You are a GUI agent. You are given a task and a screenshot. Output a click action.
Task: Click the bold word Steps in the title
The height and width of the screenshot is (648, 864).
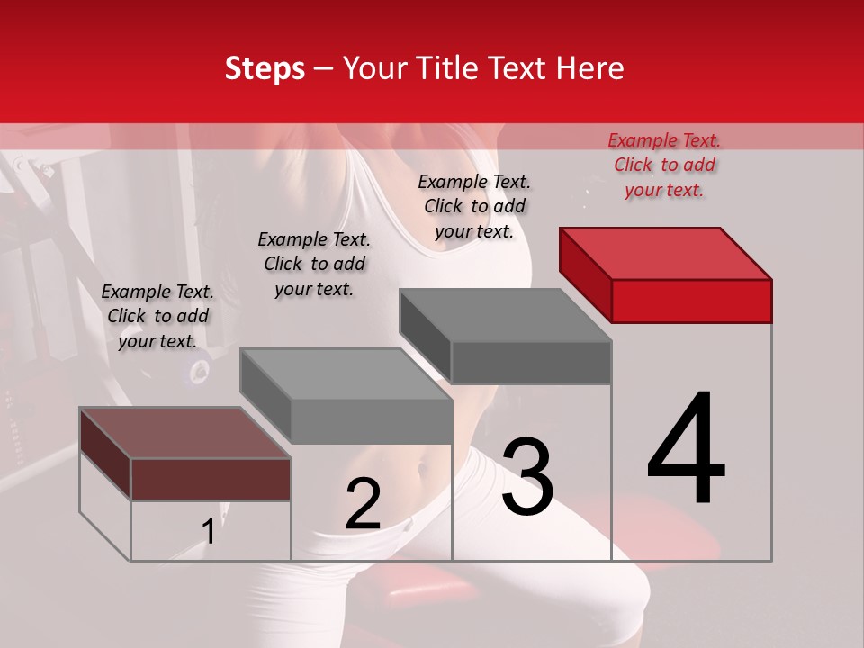tap(265, 68)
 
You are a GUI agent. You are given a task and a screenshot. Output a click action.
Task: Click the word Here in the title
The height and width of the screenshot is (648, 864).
tap(585, 68)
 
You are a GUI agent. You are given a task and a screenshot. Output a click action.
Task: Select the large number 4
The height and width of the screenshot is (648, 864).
tap(686, 450)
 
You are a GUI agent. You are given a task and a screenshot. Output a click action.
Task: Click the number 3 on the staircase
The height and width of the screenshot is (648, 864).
tap(527, 477)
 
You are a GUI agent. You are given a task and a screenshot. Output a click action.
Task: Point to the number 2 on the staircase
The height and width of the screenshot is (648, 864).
tap(363, 504)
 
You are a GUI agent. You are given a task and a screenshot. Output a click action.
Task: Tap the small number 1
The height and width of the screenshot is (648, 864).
tap(208, 532)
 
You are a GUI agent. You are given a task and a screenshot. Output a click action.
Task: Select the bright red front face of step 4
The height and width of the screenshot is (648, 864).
tap(691, 301)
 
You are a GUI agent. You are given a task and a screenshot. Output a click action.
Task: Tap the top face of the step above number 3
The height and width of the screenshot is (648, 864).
tap(505, 315)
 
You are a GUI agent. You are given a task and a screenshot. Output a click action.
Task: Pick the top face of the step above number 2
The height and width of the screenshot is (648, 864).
tap(346, 373)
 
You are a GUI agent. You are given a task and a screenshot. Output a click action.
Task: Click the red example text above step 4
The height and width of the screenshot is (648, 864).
tap(664, 165)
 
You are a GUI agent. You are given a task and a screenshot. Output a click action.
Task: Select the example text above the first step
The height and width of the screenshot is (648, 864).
tap(157, 316)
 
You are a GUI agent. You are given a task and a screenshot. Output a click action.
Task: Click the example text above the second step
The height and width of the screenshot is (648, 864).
tap(314, 264)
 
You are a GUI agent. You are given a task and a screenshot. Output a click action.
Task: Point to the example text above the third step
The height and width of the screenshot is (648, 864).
tap(474, 206)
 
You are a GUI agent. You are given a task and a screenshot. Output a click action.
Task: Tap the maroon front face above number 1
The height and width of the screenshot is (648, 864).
tap(211, 479)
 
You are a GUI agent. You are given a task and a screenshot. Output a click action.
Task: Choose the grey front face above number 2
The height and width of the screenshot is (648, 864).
tap(371, 421)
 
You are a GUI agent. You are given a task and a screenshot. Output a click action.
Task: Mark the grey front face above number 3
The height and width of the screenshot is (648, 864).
tap(531, 362)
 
